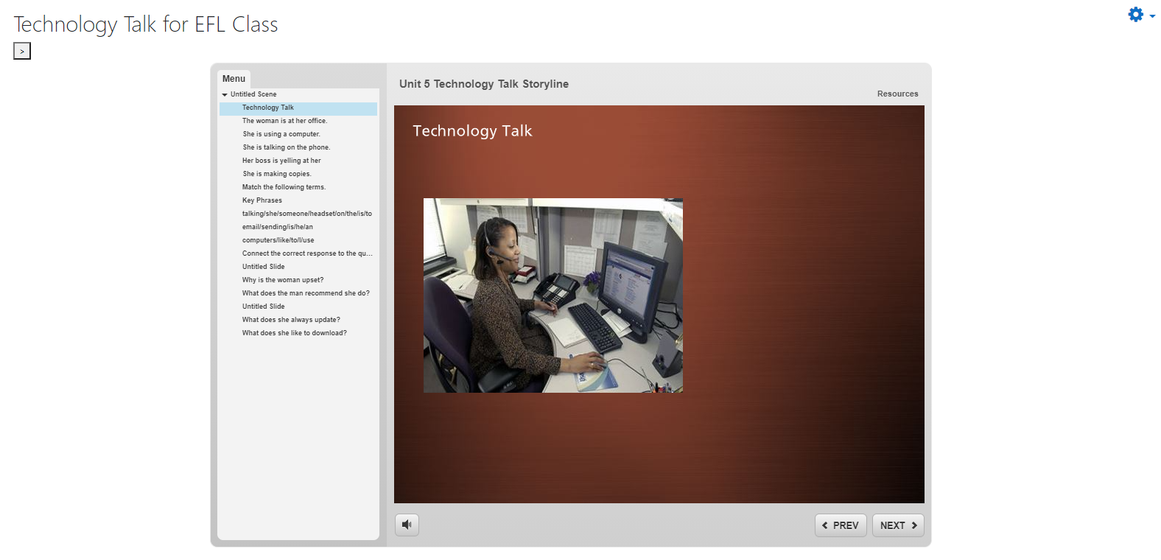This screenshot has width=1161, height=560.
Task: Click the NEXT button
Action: click(x=898, y=525)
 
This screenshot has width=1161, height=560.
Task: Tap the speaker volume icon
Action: click(x=407, y=525)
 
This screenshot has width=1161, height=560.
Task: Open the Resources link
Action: click(x=897, y=94)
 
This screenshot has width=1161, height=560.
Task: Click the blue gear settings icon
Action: click(x=1136, y=15)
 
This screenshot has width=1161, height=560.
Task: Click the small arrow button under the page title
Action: click(x=22, y=51)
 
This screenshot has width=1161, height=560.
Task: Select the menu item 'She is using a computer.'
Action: click(x=281, y=134)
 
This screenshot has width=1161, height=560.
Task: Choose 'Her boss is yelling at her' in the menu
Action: click(x=281, y=160)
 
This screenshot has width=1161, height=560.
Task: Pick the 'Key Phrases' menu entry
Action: click(x=262, y=200)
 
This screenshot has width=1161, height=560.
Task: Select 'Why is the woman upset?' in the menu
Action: click(x=282, y=279)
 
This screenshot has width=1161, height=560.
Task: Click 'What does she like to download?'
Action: click(x=295, y=333)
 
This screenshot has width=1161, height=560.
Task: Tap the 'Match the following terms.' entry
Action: click(x=284, y=186)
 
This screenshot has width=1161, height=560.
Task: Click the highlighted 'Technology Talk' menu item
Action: click(x=268, y=108)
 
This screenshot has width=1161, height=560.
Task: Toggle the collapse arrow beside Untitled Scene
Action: click(x=225, y=94)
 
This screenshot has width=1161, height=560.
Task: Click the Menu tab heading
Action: click(x=234, y=78)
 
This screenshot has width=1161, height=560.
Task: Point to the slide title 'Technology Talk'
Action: click(x=472, y=130)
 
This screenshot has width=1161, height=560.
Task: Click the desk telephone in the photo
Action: click(x=556, y=290)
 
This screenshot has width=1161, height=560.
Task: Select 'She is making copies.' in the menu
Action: click(x=277, y=174)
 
